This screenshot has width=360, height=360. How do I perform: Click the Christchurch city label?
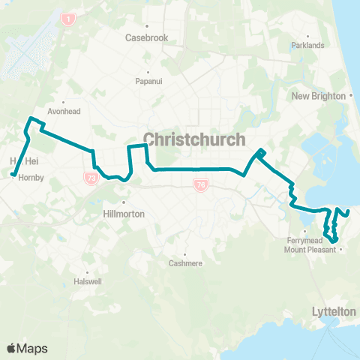[x=193, y=140]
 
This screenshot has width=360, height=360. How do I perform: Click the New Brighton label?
[x=318, y=96]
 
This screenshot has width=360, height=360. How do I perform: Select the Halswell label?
[x=87, y=281]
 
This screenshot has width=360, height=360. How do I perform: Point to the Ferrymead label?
[x=303, y=240]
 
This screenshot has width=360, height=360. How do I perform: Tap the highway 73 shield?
[x=91, y=178]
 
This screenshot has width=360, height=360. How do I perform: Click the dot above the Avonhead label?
[x=64, y=102]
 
